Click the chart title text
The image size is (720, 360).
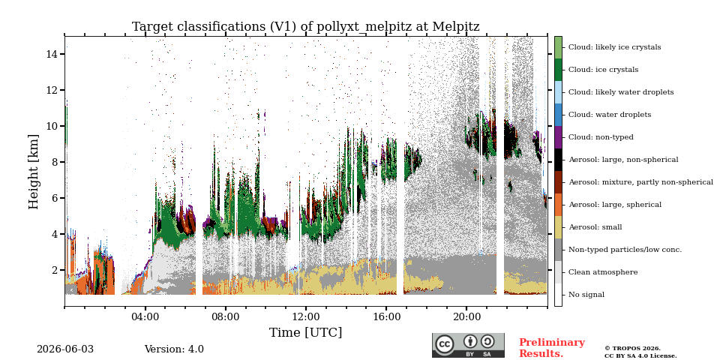pos(306,27)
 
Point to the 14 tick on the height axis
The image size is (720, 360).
pos(62,54)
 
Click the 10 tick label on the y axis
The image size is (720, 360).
pos(52,126)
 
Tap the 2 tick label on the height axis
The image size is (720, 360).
pos(55,270)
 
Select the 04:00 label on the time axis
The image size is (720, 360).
pos(145,316)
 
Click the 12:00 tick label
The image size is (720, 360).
pos(306,316)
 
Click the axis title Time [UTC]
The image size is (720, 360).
pos(306,332)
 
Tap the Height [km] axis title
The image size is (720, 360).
pos(34,171)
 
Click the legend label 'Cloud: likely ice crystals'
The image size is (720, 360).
pos(615,47)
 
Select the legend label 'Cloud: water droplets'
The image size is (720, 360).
pos(610,115)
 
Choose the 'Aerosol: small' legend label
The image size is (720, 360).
pos(595,227)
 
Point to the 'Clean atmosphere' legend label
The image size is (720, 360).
pos(603,272)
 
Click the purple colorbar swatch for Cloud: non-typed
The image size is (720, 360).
pos(558,137)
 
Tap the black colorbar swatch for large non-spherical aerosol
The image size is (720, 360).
pos(558,160)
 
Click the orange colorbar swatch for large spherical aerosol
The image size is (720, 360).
pos(558,205)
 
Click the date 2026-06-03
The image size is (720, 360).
pos(65,349)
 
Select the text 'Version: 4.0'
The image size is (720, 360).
pos(174,349)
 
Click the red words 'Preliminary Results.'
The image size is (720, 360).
pos(552,348)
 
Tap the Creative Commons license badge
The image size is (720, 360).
pos(468,345)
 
